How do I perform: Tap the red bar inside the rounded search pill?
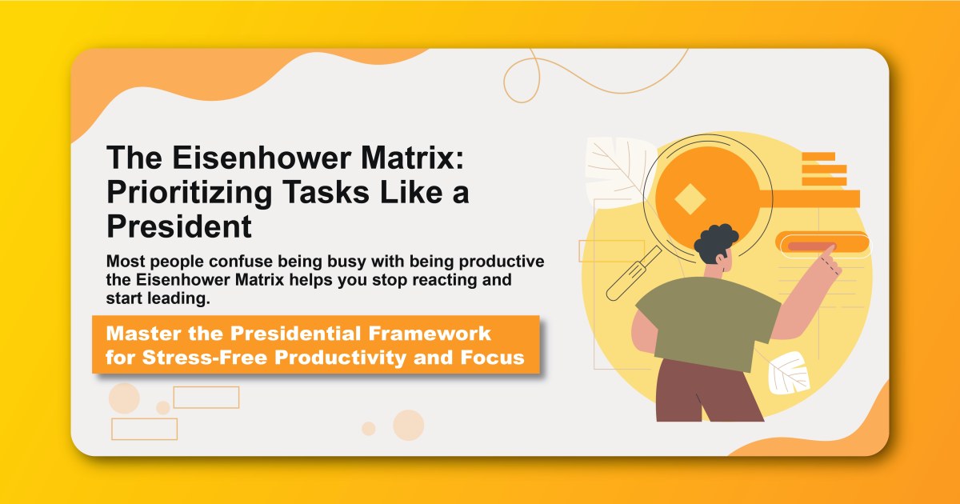pyautogui.click(x=811, y=246)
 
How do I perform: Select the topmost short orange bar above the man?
pyautogui.click(x=818, y=157)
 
